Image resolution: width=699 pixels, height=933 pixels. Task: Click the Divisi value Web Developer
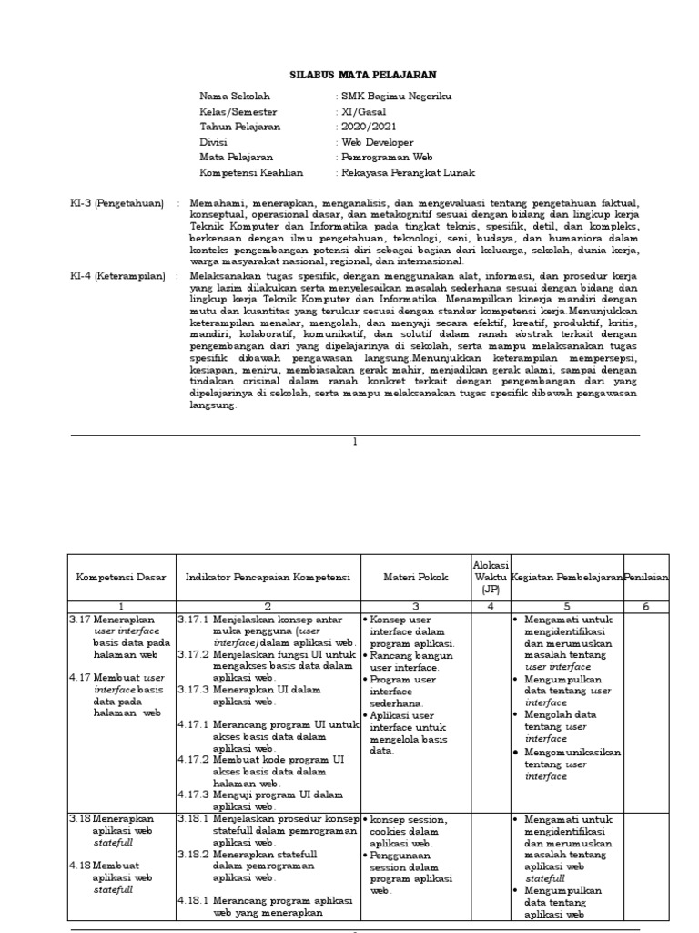377,142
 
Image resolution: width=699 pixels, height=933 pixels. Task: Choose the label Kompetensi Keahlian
251,172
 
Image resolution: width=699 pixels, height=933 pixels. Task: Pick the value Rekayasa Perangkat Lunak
407,172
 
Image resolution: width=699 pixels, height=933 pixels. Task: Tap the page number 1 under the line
356,442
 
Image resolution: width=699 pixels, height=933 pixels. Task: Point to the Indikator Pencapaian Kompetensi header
268,578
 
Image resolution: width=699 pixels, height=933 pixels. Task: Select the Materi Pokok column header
414,578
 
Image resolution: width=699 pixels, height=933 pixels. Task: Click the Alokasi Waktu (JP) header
491,578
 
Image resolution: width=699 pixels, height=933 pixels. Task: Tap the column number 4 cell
491,605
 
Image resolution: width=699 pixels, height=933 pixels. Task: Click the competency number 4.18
80,865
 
